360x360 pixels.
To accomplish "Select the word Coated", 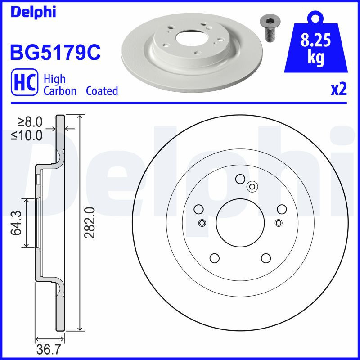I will [x=102, y=91].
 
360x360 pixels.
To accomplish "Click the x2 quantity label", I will [x=338, y=90].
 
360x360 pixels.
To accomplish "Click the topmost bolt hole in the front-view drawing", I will [x=240, y=179].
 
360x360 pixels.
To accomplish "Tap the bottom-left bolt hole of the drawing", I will [x=214, y=258].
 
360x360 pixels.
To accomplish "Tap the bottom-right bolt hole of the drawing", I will [x=265, y=258].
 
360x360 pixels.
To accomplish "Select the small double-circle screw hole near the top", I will [x=252, y=185].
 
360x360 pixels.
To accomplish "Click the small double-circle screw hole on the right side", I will [x=279, y=222].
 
